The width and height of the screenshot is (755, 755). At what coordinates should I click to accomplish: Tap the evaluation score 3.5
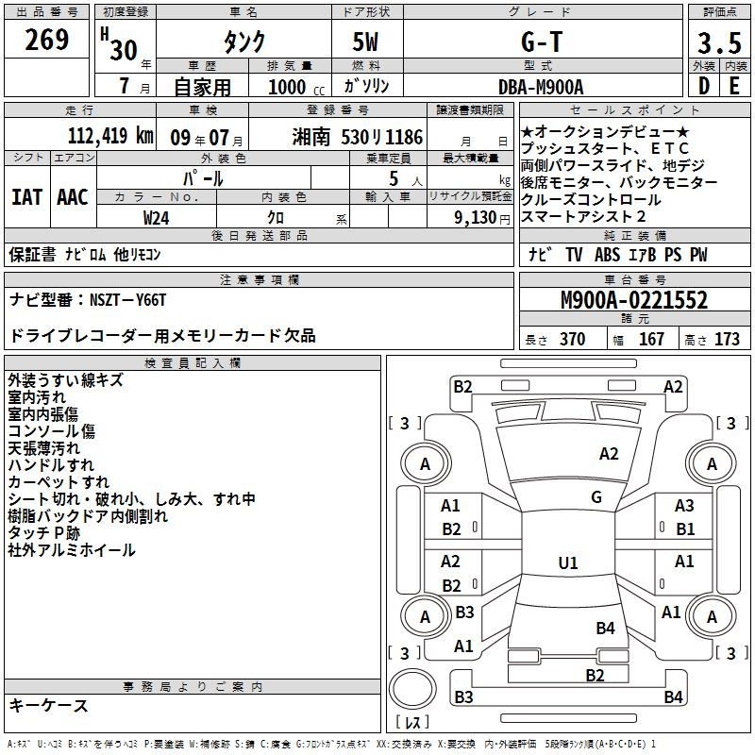(x=718, y=43)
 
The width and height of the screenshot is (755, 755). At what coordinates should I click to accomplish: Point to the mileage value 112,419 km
(x=110, y=135)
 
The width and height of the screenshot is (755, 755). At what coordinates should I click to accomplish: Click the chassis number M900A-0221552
(x=633, y=301)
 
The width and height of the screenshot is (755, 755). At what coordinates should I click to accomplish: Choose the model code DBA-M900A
(x=541, y=86)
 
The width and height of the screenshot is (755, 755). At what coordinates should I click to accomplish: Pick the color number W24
(x=157, y=216)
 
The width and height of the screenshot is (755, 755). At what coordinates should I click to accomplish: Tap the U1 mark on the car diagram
(x=567, y=563)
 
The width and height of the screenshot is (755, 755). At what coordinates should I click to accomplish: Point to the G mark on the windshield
(x=596, y=497)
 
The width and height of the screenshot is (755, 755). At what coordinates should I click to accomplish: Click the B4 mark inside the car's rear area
(x=605, y=628)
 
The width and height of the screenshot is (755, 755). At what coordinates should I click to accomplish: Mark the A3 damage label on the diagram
(x=684, y=506)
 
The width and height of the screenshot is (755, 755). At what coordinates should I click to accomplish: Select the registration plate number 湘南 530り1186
(x=357, y=135)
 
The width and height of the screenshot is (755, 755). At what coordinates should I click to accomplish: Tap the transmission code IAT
(x=26, y=197)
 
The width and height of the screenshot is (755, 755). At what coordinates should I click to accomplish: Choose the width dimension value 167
(x=651, y=340)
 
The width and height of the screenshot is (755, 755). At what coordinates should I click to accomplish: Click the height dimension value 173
(x=727, y=340)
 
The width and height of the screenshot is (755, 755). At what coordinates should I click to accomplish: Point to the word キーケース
(x=48, y=705)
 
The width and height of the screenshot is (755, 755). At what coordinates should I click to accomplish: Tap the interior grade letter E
(x=733, y=86)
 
